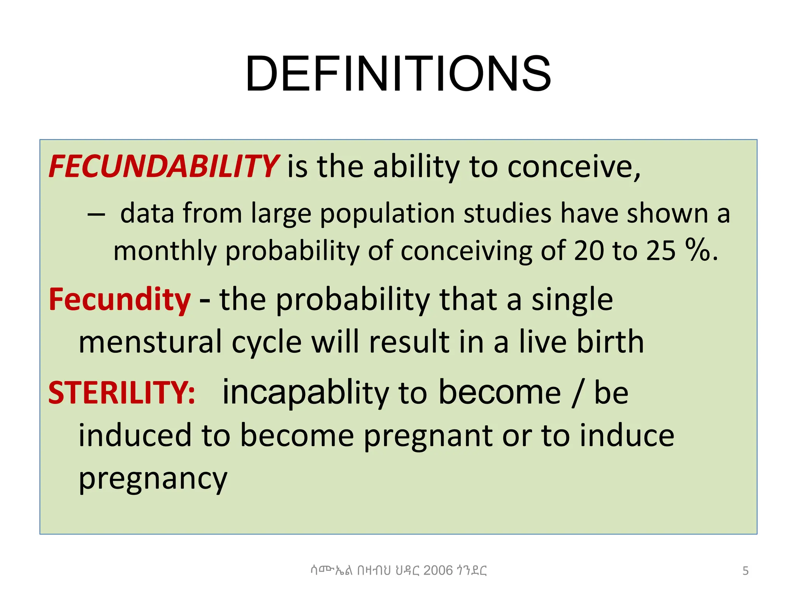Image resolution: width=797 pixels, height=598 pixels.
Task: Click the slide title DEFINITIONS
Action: point(398,74)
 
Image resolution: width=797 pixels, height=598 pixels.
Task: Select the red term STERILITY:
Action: point(122,392)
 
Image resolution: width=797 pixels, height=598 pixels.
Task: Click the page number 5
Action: point(745,571)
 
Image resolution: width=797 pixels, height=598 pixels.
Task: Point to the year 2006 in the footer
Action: point(438,570)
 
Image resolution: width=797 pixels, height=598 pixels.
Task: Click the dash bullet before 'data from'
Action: point(96,215)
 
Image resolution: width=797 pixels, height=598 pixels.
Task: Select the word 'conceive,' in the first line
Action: point(574,167)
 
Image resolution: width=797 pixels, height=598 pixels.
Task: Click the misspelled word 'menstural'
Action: point(150,342)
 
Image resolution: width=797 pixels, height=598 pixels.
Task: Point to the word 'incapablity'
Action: point(305,393)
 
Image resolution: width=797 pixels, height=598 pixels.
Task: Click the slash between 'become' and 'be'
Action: point(577,393)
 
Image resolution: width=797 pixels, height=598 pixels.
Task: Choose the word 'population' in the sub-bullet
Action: point(387,215)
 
